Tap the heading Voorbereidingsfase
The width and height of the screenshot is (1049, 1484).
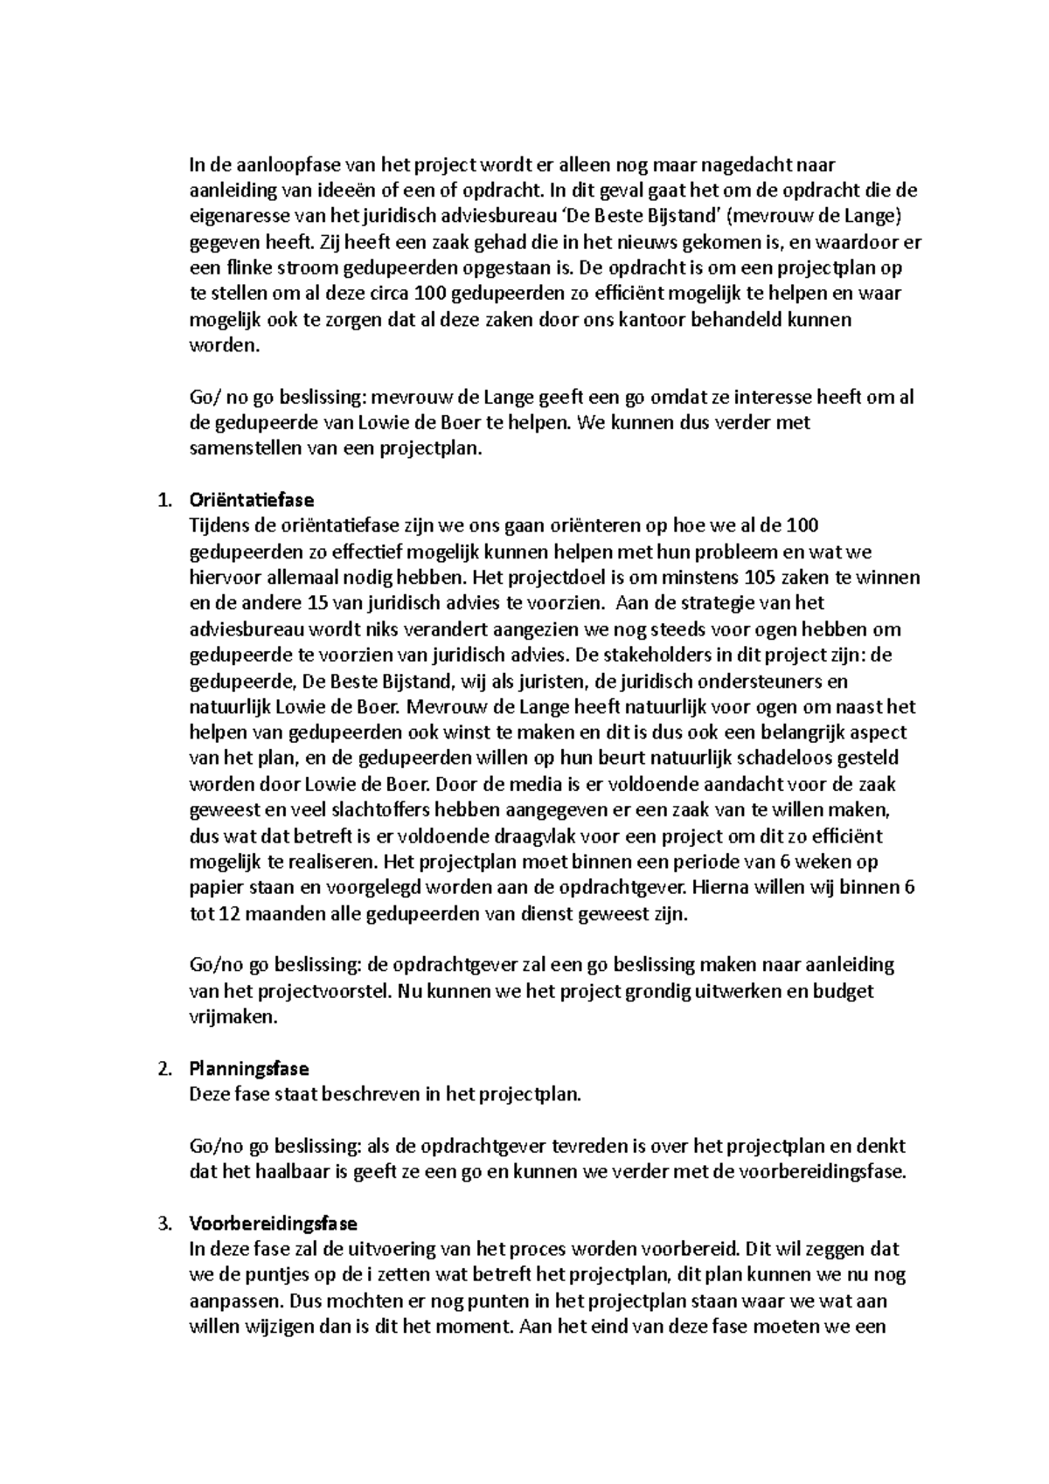[273, 1224]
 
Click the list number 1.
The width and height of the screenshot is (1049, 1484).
[162, 501]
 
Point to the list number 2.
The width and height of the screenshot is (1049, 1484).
[162, 1069]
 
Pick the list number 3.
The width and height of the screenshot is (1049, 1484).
[162, 1224]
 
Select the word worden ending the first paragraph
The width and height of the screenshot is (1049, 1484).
[224, 345]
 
